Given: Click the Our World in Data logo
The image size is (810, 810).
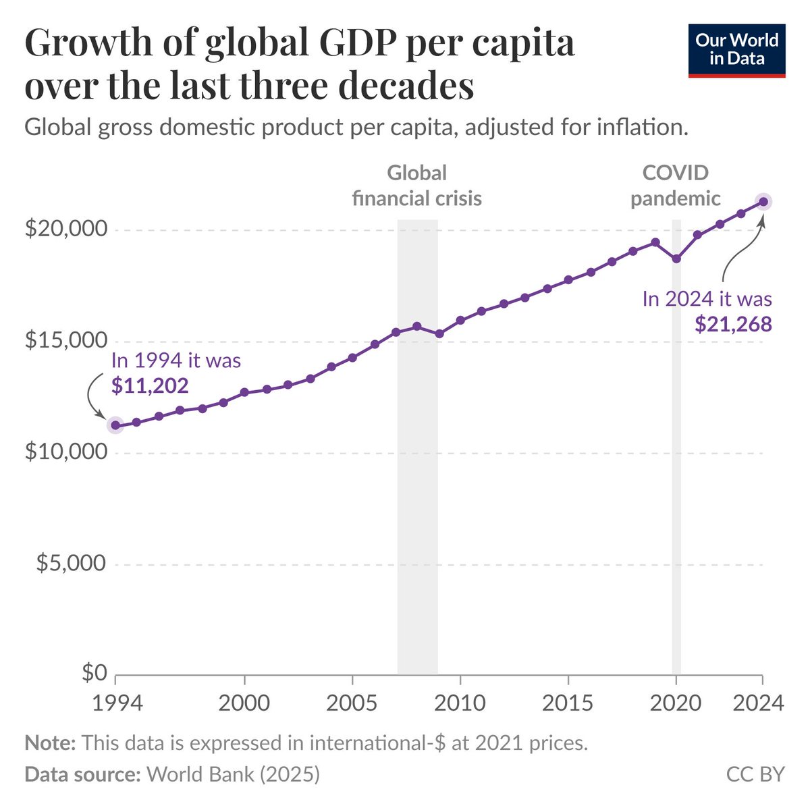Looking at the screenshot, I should (736, 51).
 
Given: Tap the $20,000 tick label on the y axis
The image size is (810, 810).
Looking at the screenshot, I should (65, 229).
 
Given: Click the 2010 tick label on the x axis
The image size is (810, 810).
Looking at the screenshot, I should (460, 702).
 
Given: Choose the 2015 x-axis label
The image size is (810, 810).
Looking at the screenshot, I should (568, 702).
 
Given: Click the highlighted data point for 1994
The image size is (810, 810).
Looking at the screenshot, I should (115, 425).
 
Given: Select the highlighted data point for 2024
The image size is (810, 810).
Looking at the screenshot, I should (763, 201).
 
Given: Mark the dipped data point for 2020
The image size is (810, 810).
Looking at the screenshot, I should (676, 259).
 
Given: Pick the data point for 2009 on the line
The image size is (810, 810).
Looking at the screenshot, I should (439, 333).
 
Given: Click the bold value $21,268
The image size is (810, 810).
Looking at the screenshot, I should (733, 325).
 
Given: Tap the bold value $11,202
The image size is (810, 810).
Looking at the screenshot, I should (149, 385).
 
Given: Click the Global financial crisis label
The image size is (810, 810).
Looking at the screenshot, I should (417, 186).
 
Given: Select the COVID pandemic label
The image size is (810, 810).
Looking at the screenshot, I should (676, 186).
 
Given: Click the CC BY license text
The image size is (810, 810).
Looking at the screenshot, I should (755, 774).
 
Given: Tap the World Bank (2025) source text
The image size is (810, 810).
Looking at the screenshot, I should (233, 774).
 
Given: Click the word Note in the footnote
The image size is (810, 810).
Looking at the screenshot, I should (50, 743).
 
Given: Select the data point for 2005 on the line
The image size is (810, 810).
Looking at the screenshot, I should (352, 357).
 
